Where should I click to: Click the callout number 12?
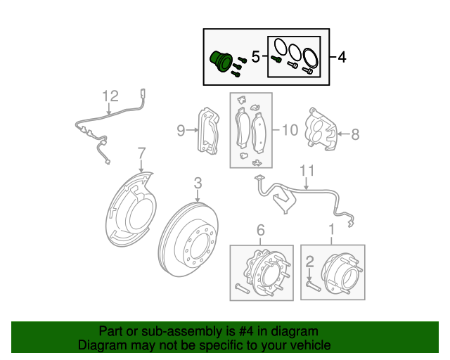tap(110, 96)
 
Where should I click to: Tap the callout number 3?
tap(198, 183)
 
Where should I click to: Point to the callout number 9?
tap(181, 129)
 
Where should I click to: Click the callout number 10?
tap(290, 129)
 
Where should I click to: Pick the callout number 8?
tap(355, 133)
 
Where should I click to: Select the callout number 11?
tap(306, 170)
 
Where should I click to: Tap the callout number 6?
tap(259, 230)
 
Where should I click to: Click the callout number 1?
tap(331, 230)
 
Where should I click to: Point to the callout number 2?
tap(309, 262)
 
